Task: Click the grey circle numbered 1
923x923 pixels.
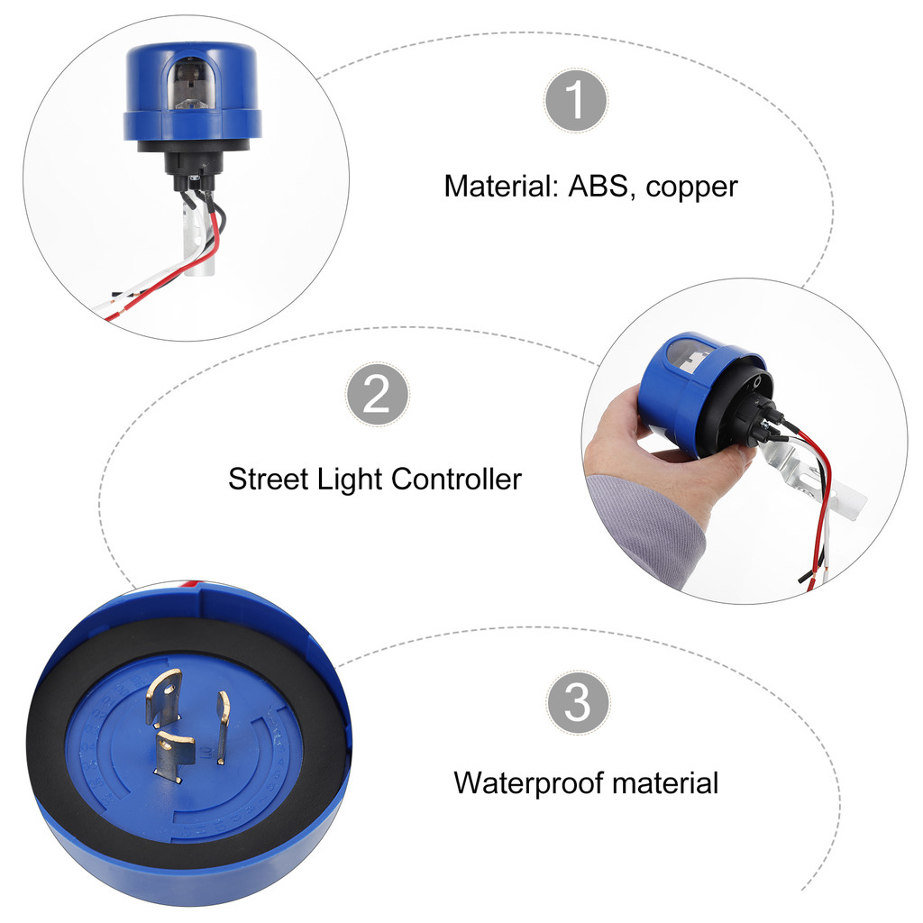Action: pyautogui.click(x=576, y=101)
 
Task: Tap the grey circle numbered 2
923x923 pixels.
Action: pyautogui.click(x=378, y=394)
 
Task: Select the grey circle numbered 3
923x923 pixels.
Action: pyautogui.click(x=578, y=701)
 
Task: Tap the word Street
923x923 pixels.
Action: pyautogui.click(x=269, y=480)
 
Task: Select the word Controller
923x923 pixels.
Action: pyautogui.click(x=456, y=480)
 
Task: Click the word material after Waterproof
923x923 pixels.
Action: pyautogui.click(x=665, y=783)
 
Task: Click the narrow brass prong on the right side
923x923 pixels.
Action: pyautogui.click(x=223, y=727)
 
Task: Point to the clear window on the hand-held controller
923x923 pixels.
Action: pyautogui.click(x=691, y=356)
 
